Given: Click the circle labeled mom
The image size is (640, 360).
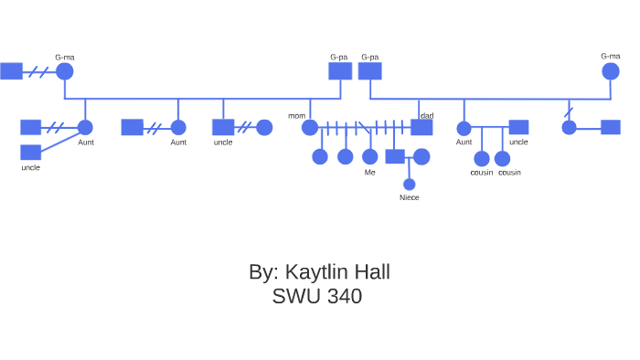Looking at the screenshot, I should coord(310,128).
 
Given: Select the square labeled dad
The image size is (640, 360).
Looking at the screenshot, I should coord(421,127).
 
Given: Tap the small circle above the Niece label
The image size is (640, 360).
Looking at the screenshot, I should coord(409,185).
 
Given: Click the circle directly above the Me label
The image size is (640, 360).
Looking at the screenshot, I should coord(369,156).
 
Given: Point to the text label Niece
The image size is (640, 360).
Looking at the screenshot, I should coord(409,197).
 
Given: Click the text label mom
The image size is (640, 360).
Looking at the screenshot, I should coord(296,116).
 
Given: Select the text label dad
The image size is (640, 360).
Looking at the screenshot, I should coord(426,116).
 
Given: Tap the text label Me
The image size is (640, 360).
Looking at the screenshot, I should coord(369,172).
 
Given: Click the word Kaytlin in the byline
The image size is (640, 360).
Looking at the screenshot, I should coord(317,272).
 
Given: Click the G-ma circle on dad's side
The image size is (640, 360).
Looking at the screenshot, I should coord(610,71).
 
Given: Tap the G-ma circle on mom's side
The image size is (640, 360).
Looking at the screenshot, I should coord(64,71).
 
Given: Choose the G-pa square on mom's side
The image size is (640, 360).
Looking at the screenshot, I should coord(340,71).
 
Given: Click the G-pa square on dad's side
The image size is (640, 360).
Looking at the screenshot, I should coord(370,71).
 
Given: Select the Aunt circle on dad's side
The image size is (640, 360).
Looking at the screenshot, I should coord(464,128).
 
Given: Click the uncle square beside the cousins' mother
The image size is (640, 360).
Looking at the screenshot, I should coord(518,127).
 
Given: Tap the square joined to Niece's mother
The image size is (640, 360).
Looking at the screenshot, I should coord(394,156).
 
